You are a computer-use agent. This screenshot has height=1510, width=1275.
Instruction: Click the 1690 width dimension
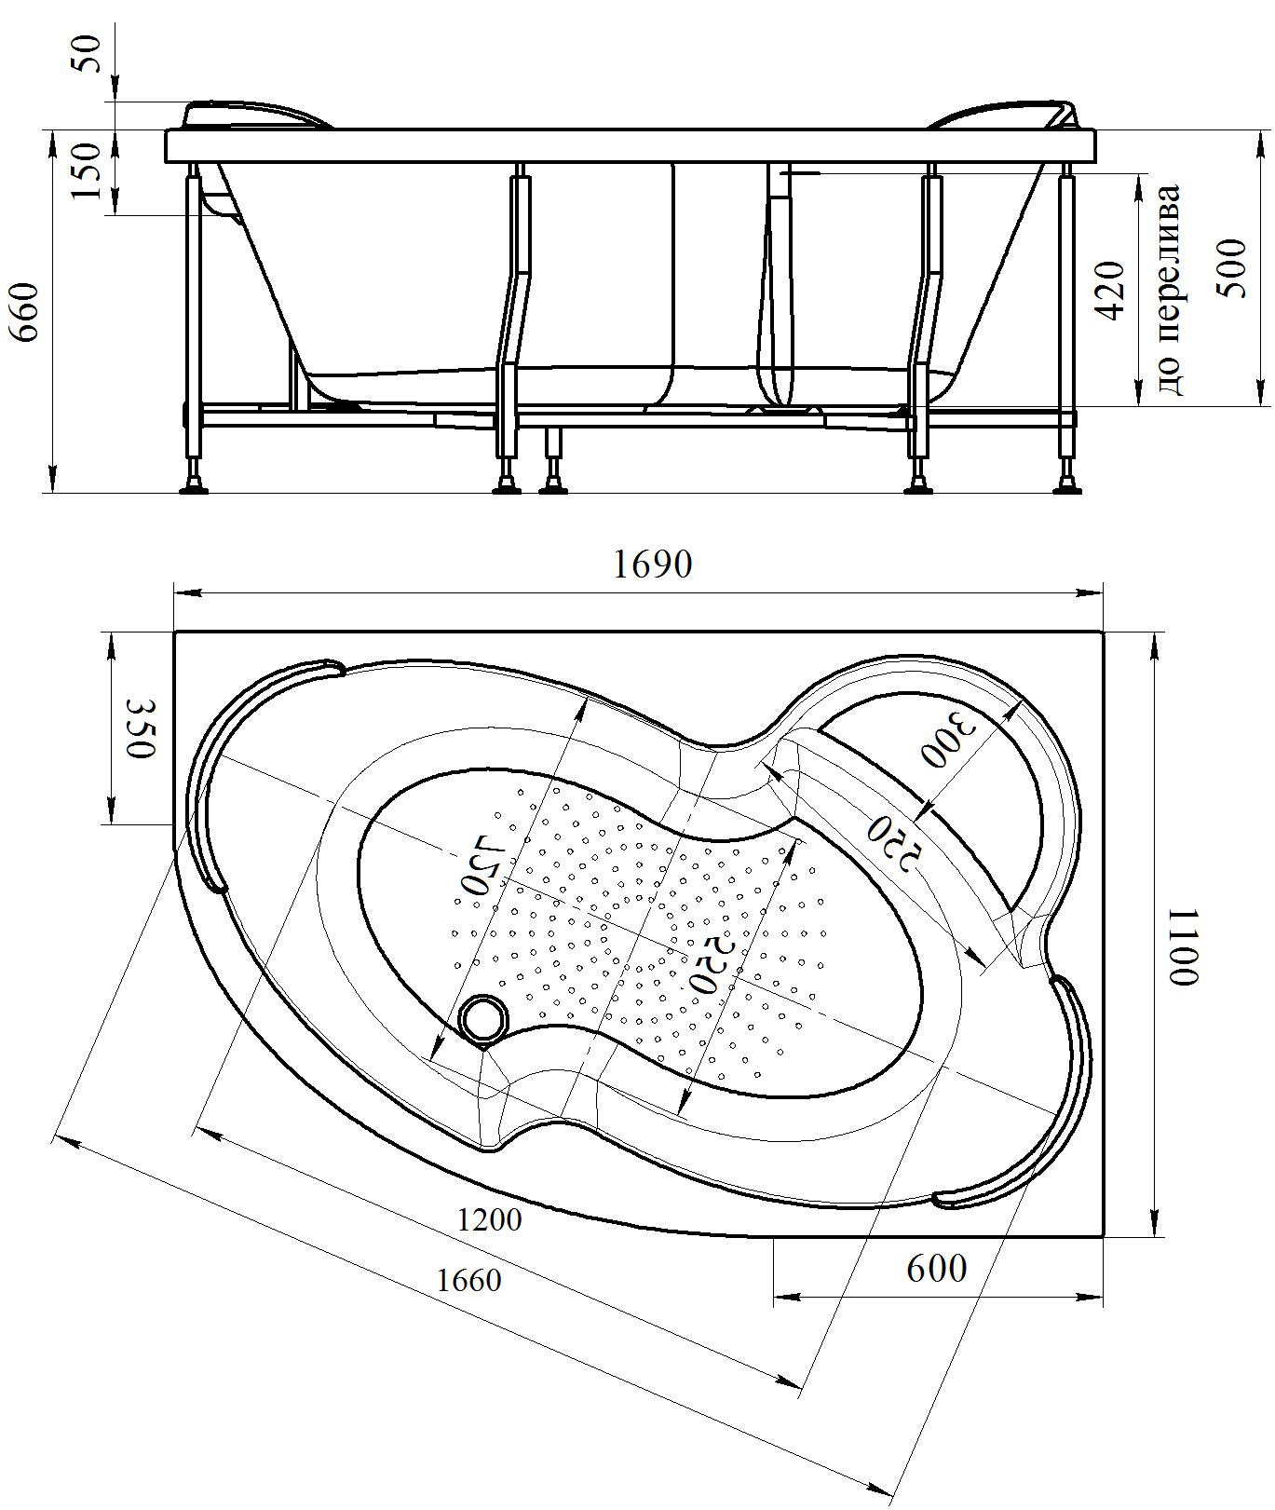coord(652,564)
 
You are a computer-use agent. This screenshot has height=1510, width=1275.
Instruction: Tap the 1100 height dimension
coord(1183,946)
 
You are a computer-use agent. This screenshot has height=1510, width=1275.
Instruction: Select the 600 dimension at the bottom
coord(936,1267)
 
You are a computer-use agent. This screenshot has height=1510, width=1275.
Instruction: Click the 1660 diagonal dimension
coord(468,1280)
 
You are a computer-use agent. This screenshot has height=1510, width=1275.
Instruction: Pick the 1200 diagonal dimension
coord(490,1219)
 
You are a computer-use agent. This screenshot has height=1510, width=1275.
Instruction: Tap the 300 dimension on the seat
coord(947,741)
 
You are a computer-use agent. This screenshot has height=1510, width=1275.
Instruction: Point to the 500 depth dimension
coord(1231,268)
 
